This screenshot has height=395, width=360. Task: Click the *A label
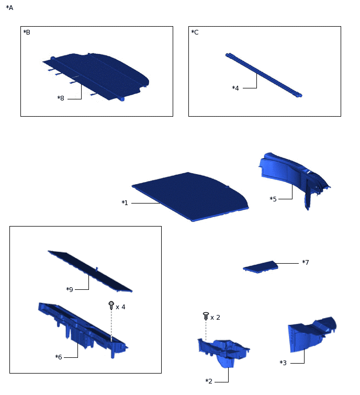9,8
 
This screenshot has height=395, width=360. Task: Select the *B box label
27,32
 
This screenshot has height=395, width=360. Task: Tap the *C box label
195,32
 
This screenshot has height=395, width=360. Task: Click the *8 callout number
61,98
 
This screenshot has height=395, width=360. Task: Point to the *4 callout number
235,88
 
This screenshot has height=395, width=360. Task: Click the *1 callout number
125,202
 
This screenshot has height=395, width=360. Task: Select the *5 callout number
273,199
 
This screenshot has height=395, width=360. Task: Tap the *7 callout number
306,262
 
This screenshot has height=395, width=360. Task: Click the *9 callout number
70,289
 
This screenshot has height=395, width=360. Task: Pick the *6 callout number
59,357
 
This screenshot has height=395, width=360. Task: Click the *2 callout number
209,381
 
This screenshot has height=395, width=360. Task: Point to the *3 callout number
283,363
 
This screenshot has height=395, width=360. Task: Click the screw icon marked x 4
111,306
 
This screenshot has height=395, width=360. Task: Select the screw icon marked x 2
206,316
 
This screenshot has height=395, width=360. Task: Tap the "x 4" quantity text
120,307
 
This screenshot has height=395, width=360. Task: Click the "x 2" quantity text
215,318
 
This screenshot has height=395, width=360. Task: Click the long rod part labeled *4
264,75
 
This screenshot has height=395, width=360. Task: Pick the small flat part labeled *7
261,267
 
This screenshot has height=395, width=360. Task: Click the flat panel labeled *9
90,271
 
